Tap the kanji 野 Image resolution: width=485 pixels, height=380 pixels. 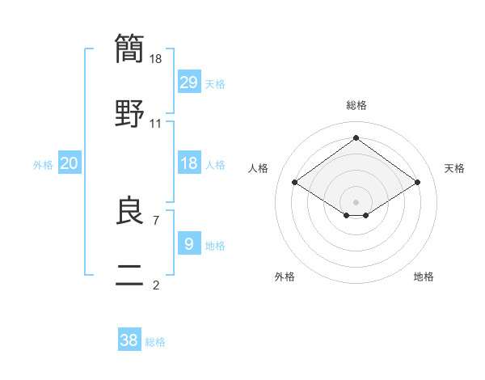pos(129,112)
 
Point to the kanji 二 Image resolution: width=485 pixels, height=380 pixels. pos(129,277)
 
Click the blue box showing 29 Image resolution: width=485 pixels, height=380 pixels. pos(189,82)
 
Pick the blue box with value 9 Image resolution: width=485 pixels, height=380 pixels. pos(189,243)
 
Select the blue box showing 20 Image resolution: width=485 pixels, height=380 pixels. pos(70,163)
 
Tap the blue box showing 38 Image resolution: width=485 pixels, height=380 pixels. pos(129,340)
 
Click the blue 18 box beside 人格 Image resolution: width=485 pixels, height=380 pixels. pos(189,163)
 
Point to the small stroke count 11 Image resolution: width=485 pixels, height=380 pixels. pos(156,124)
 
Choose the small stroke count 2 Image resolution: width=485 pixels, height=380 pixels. pos(155,285)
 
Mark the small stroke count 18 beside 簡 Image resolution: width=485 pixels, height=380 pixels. pos(157,58)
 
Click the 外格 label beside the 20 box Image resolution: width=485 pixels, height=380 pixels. pos(43,165)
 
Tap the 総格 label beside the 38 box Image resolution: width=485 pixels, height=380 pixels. pos(155,342)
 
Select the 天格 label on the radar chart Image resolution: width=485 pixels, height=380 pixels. pos(454,168)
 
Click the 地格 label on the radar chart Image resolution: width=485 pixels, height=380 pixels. pos(424,277)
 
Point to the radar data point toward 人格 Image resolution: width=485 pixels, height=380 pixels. pos(295,183)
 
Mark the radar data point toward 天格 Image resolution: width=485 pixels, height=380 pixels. pos(417,183)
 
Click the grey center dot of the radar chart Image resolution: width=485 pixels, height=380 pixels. pos(356,201)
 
